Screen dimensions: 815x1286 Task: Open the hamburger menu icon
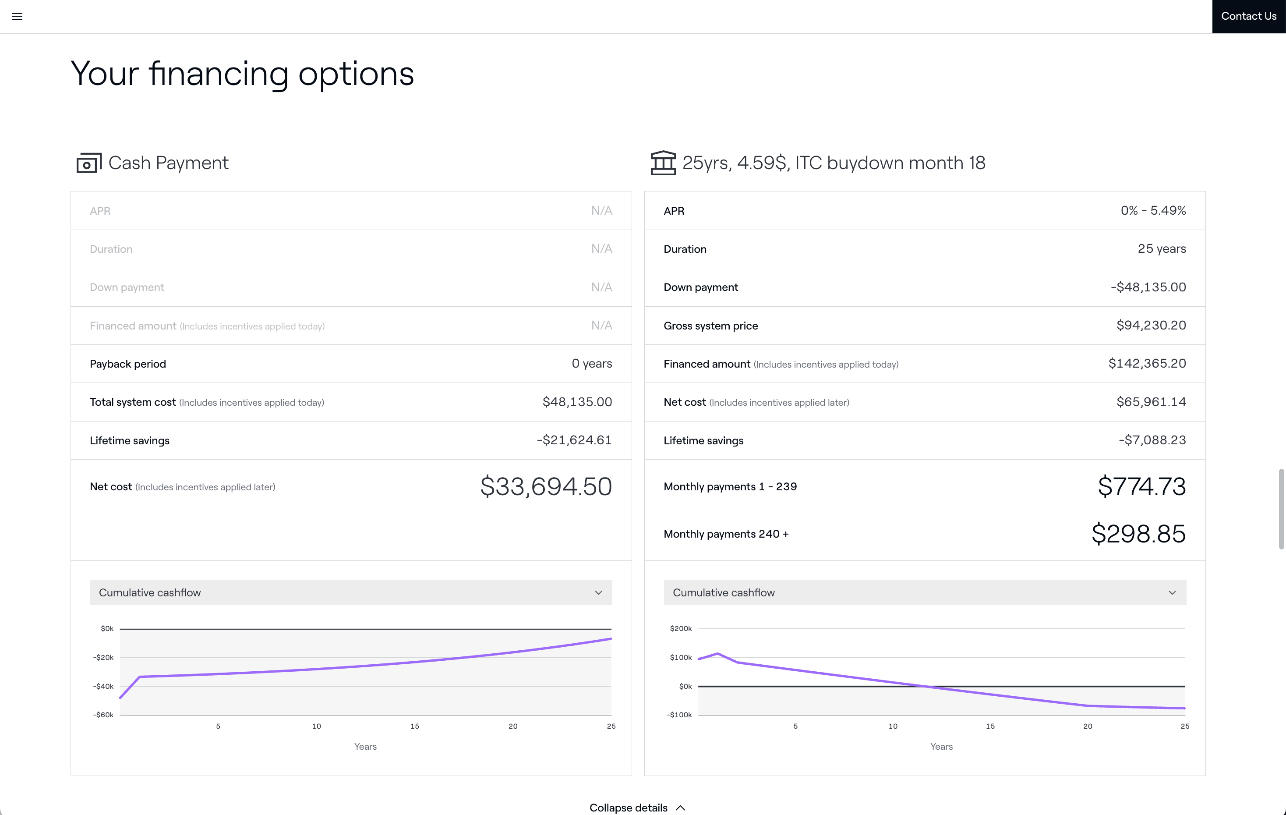click(17, 17)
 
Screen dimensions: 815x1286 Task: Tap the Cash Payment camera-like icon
click(88, 163)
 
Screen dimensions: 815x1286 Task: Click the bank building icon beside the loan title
click(663, 163)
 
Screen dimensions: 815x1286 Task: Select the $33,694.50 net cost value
click(545, 486)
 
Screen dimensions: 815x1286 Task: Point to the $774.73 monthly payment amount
click(1141, 486)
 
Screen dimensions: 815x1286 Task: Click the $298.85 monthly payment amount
click(1138, 534)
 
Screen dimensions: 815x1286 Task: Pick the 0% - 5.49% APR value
click(1153, 210)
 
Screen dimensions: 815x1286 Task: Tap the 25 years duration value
click(1162, 249)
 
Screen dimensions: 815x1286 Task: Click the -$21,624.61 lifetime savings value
click(574, 440)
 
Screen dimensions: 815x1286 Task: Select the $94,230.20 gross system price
click(1151, 325)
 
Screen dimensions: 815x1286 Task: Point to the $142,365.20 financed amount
click(1147, 364)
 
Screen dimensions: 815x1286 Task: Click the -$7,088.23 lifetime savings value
click(1152, 440)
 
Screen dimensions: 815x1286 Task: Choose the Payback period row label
click(127, 364)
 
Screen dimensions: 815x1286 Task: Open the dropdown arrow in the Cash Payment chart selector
click(598, 593)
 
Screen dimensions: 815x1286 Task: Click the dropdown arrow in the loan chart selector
click(1172, 593)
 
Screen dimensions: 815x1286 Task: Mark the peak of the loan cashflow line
click(718, 653)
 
